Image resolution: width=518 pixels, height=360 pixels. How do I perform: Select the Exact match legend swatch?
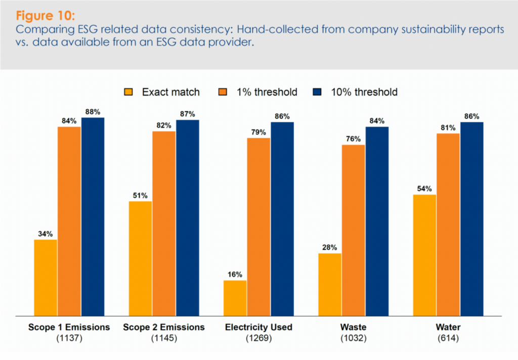[x=129, y=92]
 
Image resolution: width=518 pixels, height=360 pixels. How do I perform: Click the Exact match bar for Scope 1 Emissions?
[x=46, y=278]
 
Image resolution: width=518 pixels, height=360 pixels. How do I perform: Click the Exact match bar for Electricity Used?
[x=235, y=298]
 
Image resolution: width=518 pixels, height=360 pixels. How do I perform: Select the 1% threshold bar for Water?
[x=448, y=224]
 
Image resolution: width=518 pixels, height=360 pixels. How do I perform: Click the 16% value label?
[x=235, y=275]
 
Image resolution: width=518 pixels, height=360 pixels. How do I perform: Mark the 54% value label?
[x=424, y=189]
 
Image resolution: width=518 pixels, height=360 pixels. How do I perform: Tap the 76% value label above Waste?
[x=354, y=139]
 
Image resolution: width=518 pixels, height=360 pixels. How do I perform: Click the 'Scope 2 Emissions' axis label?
[x=164, y=327]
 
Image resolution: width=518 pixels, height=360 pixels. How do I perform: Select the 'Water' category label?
[x=448, y=327]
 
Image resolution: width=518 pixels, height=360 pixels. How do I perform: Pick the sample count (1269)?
[x=258, y=337]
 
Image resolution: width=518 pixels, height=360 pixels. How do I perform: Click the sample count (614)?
[x=448, y=337]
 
